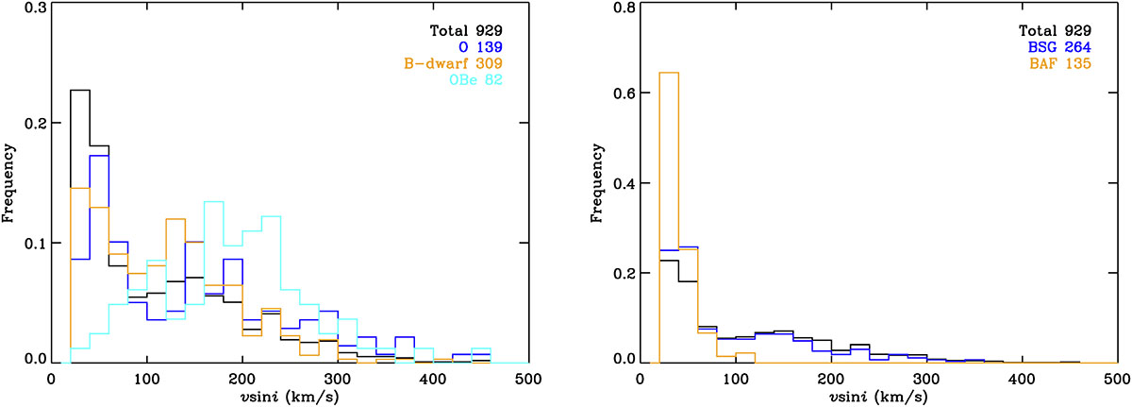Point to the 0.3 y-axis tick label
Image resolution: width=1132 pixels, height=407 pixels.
coord(34,8)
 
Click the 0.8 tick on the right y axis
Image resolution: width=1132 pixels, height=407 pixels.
coord(622,8)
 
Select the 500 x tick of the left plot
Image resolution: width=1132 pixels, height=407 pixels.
coord(528,379)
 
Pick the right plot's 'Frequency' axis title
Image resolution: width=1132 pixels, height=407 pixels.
coord(596,182)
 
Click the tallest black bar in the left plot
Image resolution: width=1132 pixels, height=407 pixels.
coord(79,91)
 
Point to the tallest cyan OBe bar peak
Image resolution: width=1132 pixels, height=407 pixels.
coord(213,202)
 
